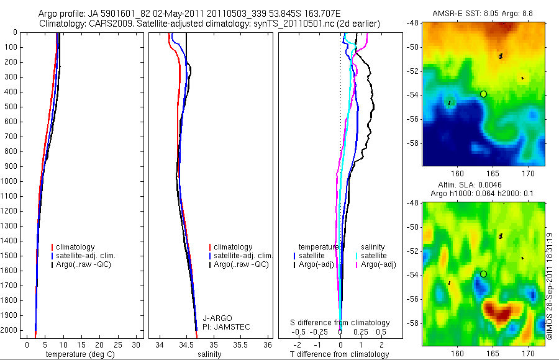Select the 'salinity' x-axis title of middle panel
[209, 354]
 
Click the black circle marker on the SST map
[483, 94]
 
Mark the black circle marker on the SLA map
[483, 274]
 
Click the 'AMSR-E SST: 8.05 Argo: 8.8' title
[483, 12]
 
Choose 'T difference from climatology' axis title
[340, 354]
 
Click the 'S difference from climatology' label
[340, 323]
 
